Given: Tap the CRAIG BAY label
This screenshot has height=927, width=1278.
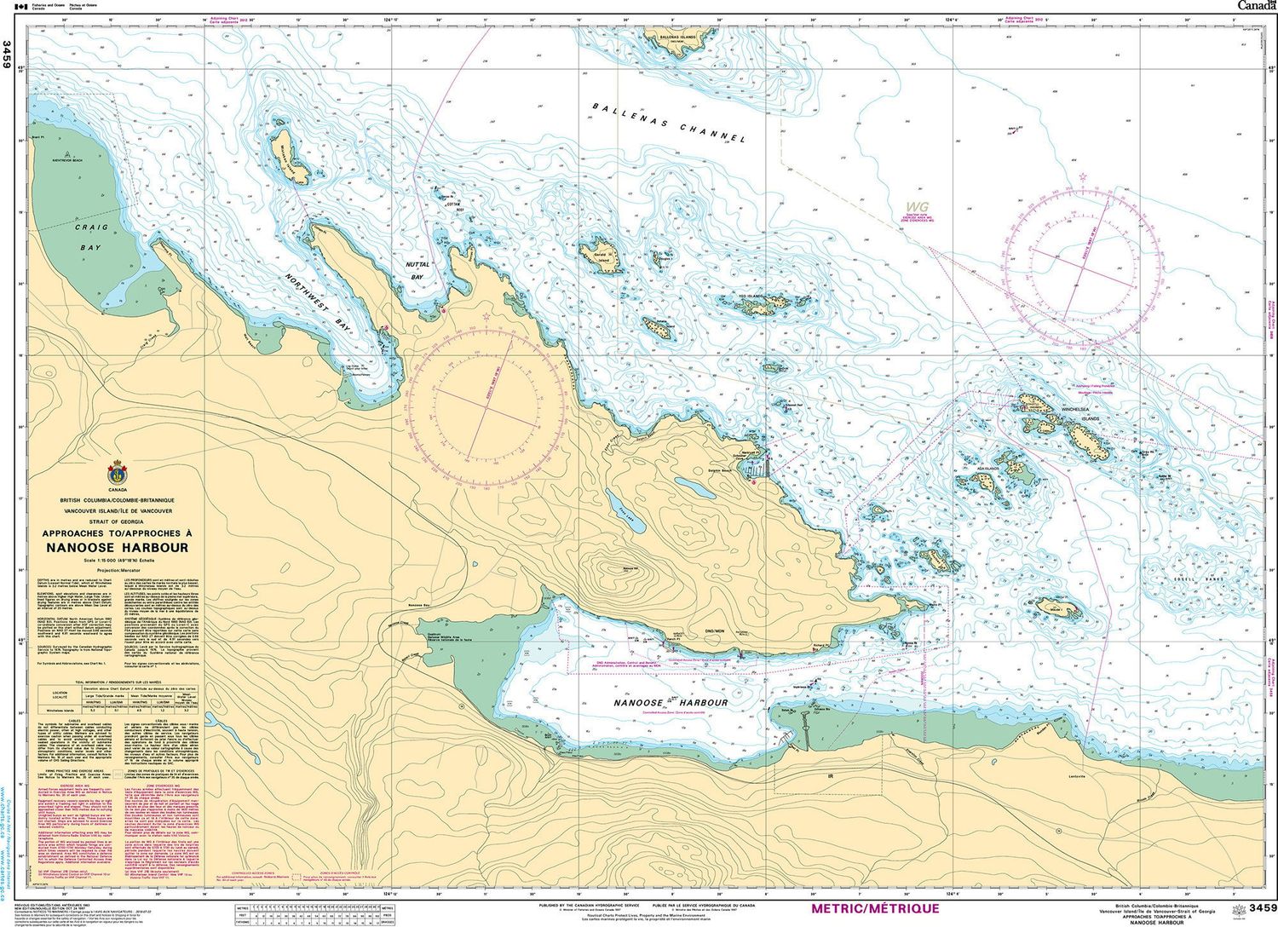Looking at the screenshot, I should [91, 238].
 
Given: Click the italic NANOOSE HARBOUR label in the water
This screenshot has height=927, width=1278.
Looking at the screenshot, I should [671, 702].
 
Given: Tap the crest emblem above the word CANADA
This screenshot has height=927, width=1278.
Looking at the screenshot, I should [118, 474].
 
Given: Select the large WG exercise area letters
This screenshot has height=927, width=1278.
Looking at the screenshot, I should [918, 206].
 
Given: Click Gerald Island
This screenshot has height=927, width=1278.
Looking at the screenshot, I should [603, 257].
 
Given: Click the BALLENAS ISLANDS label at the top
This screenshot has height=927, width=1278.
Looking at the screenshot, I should [682, 37].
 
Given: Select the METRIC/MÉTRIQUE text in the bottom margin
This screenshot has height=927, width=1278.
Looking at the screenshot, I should [875, 908].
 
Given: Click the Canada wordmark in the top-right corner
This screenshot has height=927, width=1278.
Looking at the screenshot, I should [1255, 6].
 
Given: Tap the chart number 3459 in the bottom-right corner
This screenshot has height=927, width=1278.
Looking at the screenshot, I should [1258, 909].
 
